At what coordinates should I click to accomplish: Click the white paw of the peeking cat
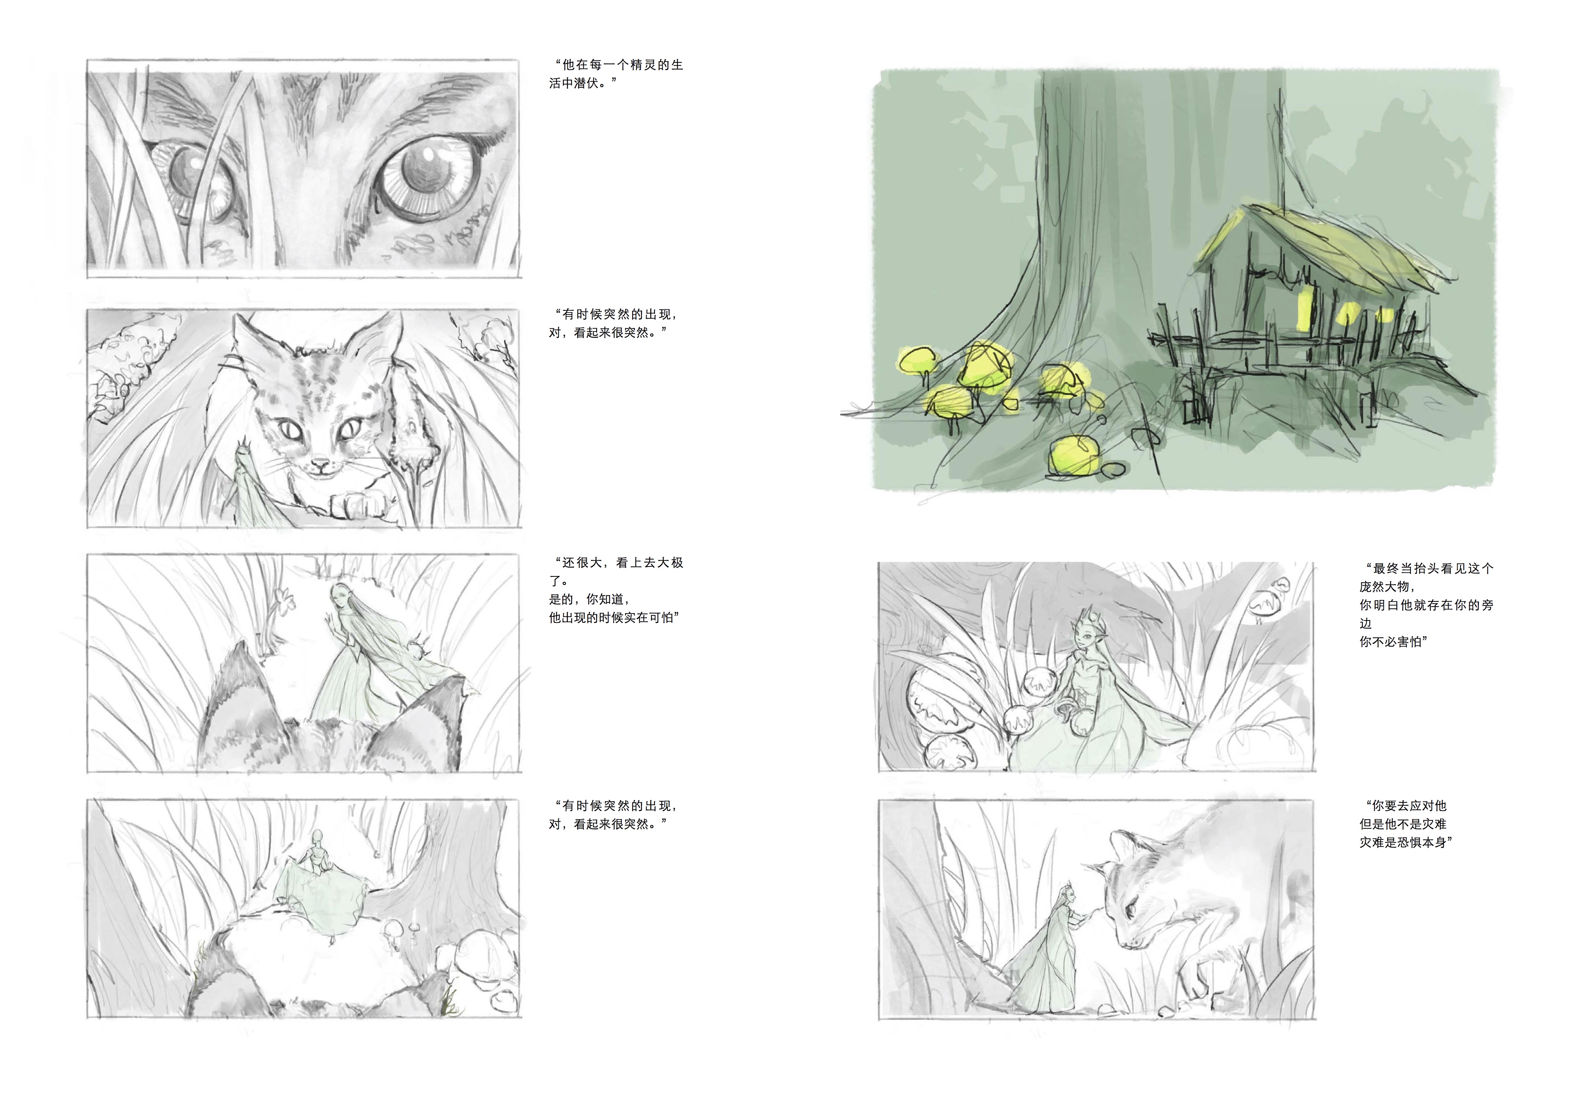point(358,504)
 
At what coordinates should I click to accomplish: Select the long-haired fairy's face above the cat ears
point(339,595)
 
